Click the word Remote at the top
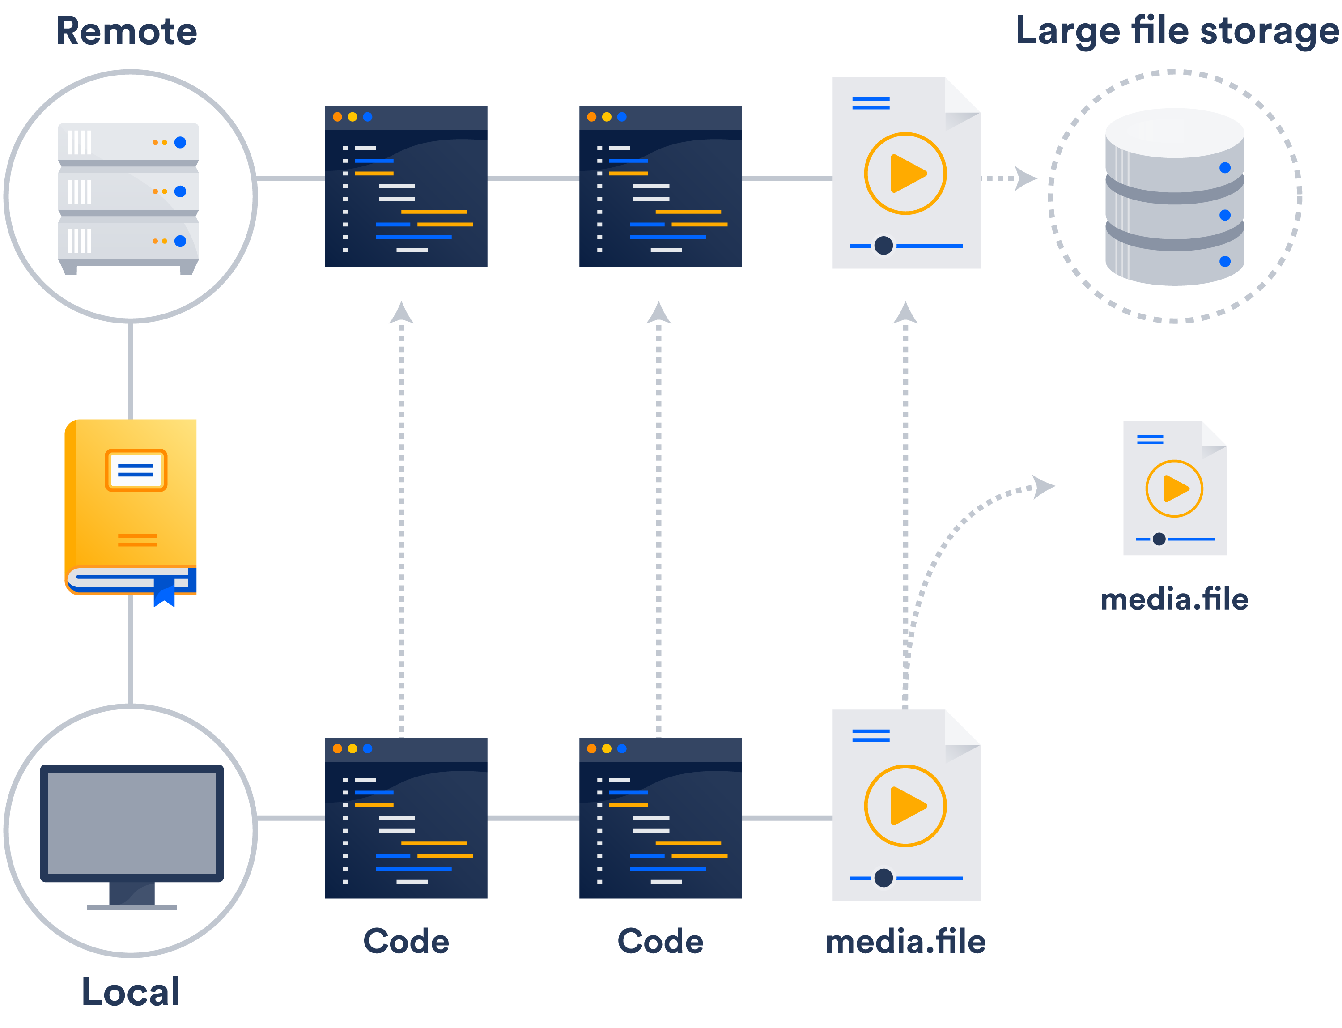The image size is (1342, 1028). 126,31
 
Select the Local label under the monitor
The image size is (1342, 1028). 130,991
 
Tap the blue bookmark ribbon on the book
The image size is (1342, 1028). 164,591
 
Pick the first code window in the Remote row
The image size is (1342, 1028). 406,186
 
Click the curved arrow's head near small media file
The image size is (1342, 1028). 1043,487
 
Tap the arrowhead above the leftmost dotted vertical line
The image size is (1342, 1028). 401,313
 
